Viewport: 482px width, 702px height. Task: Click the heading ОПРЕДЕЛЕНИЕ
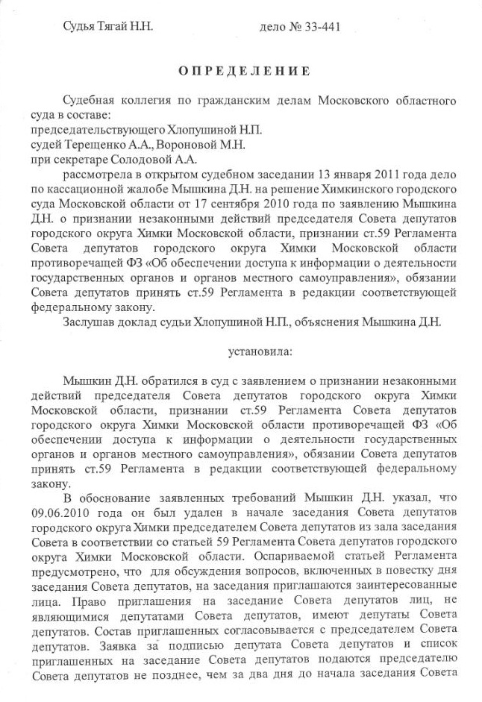coord(243,72)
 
